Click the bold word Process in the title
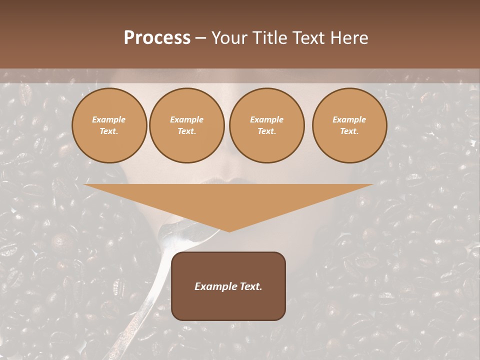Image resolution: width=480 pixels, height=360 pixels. click(157, 38)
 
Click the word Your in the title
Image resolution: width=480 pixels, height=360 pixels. click(229, 38)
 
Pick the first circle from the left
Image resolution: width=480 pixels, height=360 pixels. click(109, 125)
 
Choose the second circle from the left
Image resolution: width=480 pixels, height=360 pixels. click(187, 125)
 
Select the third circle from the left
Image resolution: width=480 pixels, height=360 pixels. click(267, 125)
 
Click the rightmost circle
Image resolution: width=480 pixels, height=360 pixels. click(349, 125)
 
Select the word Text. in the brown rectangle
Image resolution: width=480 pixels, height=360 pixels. click(250, 286)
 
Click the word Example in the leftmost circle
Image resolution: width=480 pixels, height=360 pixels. click(109, 119)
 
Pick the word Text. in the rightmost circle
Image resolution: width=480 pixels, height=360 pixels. click(349, 131)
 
